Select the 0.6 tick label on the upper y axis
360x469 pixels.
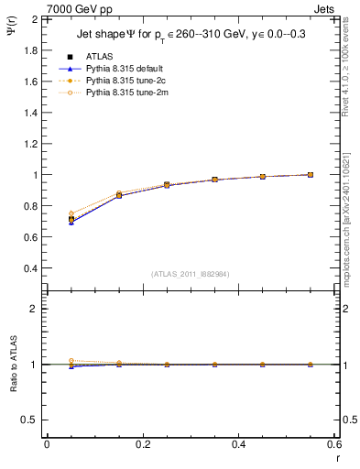click(x=31, y=237)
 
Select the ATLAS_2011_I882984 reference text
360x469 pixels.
click(x=191, y=273)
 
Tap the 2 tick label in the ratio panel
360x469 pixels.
click(x=35, y=309)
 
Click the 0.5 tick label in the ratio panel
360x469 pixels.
click(x=31, y=420)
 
